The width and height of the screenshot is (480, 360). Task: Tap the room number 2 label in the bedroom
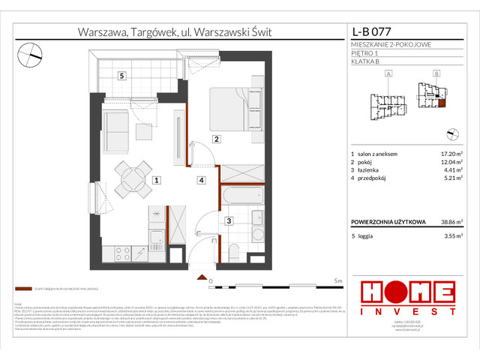tap(215, 139)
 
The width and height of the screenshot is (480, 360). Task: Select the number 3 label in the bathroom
tap(227, 220)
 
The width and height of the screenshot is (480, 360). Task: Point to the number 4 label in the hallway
tap(201, 180)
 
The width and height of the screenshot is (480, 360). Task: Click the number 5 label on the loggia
tap(121, 75)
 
